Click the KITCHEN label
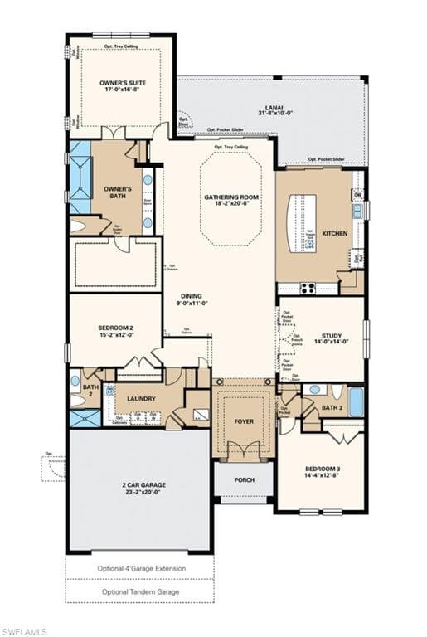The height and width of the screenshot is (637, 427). tap(335, 234)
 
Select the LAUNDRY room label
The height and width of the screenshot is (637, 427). tap(141, 399)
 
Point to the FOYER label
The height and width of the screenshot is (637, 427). tap(244, 421)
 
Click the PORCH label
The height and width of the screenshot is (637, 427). tap(244, 480)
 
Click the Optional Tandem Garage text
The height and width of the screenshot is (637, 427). tap(139, 591)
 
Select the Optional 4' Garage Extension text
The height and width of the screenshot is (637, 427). tap(139, 568)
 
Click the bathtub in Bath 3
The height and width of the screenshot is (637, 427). tap(356, 401)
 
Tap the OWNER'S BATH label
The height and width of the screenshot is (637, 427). tap(118, 192)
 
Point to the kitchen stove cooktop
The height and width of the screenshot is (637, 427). tap(308, 288)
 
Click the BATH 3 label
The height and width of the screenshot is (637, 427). tap(332, 408)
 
